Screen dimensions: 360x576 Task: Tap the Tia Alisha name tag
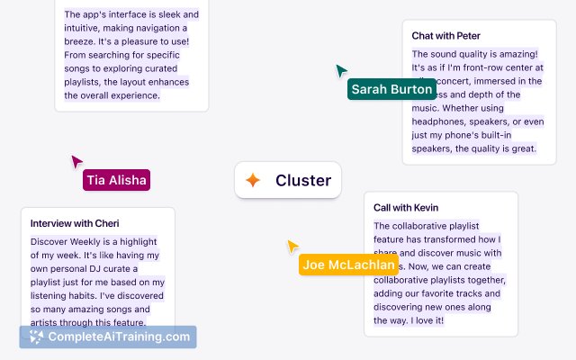pyautogui.click(x=116, y=180)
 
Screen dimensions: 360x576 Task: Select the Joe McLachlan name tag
pyautogui.click(x=348, y=265)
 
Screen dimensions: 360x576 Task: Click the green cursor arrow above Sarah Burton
pyautogui.click(x=341, y=71)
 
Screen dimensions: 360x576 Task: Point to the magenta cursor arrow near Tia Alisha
pyautogui.click(x=76, y=161)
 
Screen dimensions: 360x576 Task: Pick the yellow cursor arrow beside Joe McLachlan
pyautogui.click(x=292, y=246)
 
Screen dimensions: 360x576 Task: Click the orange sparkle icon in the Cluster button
pyautogui.click(x=253, y=180)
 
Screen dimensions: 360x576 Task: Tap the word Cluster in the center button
pyautogui.click(x=303, y=180)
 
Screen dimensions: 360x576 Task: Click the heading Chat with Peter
pyautogui.click(x=445, y=36)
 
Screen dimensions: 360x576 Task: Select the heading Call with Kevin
pyautogui.click(x=405, y=208)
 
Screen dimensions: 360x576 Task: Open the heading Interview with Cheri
pyautogui.click(x=75, y=223)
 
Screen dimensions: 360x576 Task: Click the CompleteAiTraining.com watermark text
pyautogui.click(x=120, y=337)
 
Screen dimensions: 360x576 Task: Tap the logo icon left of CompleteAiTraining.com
pyautogui.click(x=36, y=337)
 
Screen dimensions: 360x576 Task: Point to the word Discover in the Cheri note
pyautogui.click(x=50, y=242)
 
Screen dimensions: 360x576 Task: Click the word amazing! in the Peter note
pyautogui.click(x=515, y=54)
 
